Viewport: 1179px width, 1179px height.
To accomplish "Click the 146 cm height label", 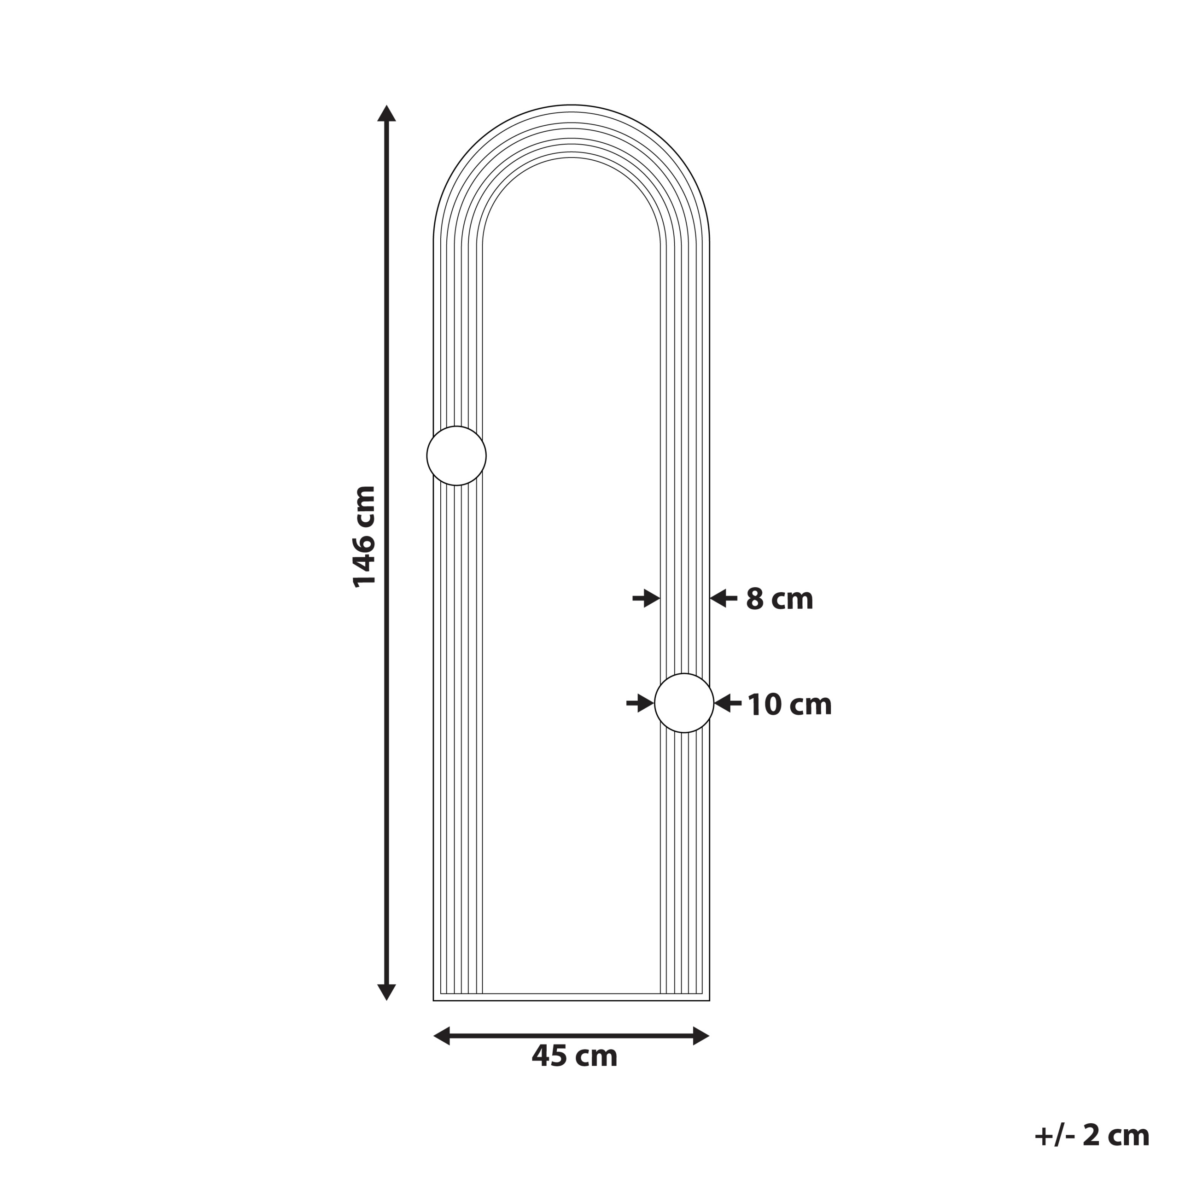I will (x=364, y=537).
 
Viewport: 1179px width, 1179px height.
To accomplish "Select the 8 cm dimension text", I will (x=779, y=599).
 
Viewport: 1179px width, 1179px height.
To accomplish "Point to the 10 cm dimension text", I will (x=789, y=705).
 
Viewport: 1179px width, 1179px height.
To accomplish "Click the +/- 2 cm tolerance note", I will (x=1091, y=1135).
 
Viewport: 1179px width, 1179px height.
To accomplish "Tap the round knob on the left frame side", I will (x=456, y=456).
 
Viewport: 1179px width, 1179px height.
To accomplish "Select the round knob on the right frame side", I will (x=684, y=703).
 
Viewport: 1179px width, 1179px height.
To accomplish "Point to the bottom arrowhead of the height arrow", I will (x=386, y=992).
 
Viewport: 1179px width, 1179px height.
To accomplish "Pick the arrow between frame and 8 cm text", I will (x=724, y=599).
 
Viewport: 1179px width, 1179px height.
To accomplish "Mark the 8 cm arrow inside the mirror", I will (x=646, y=599).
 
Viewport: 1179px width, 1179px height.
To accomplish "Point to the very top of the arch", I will (x=571, y=105).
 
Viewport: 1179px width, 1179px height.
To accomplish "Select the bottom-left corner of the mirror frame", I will (x=434, y=1000).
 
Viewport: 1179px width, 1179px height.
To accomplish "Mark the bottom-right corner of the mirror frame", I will (x=709, y=1000).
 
